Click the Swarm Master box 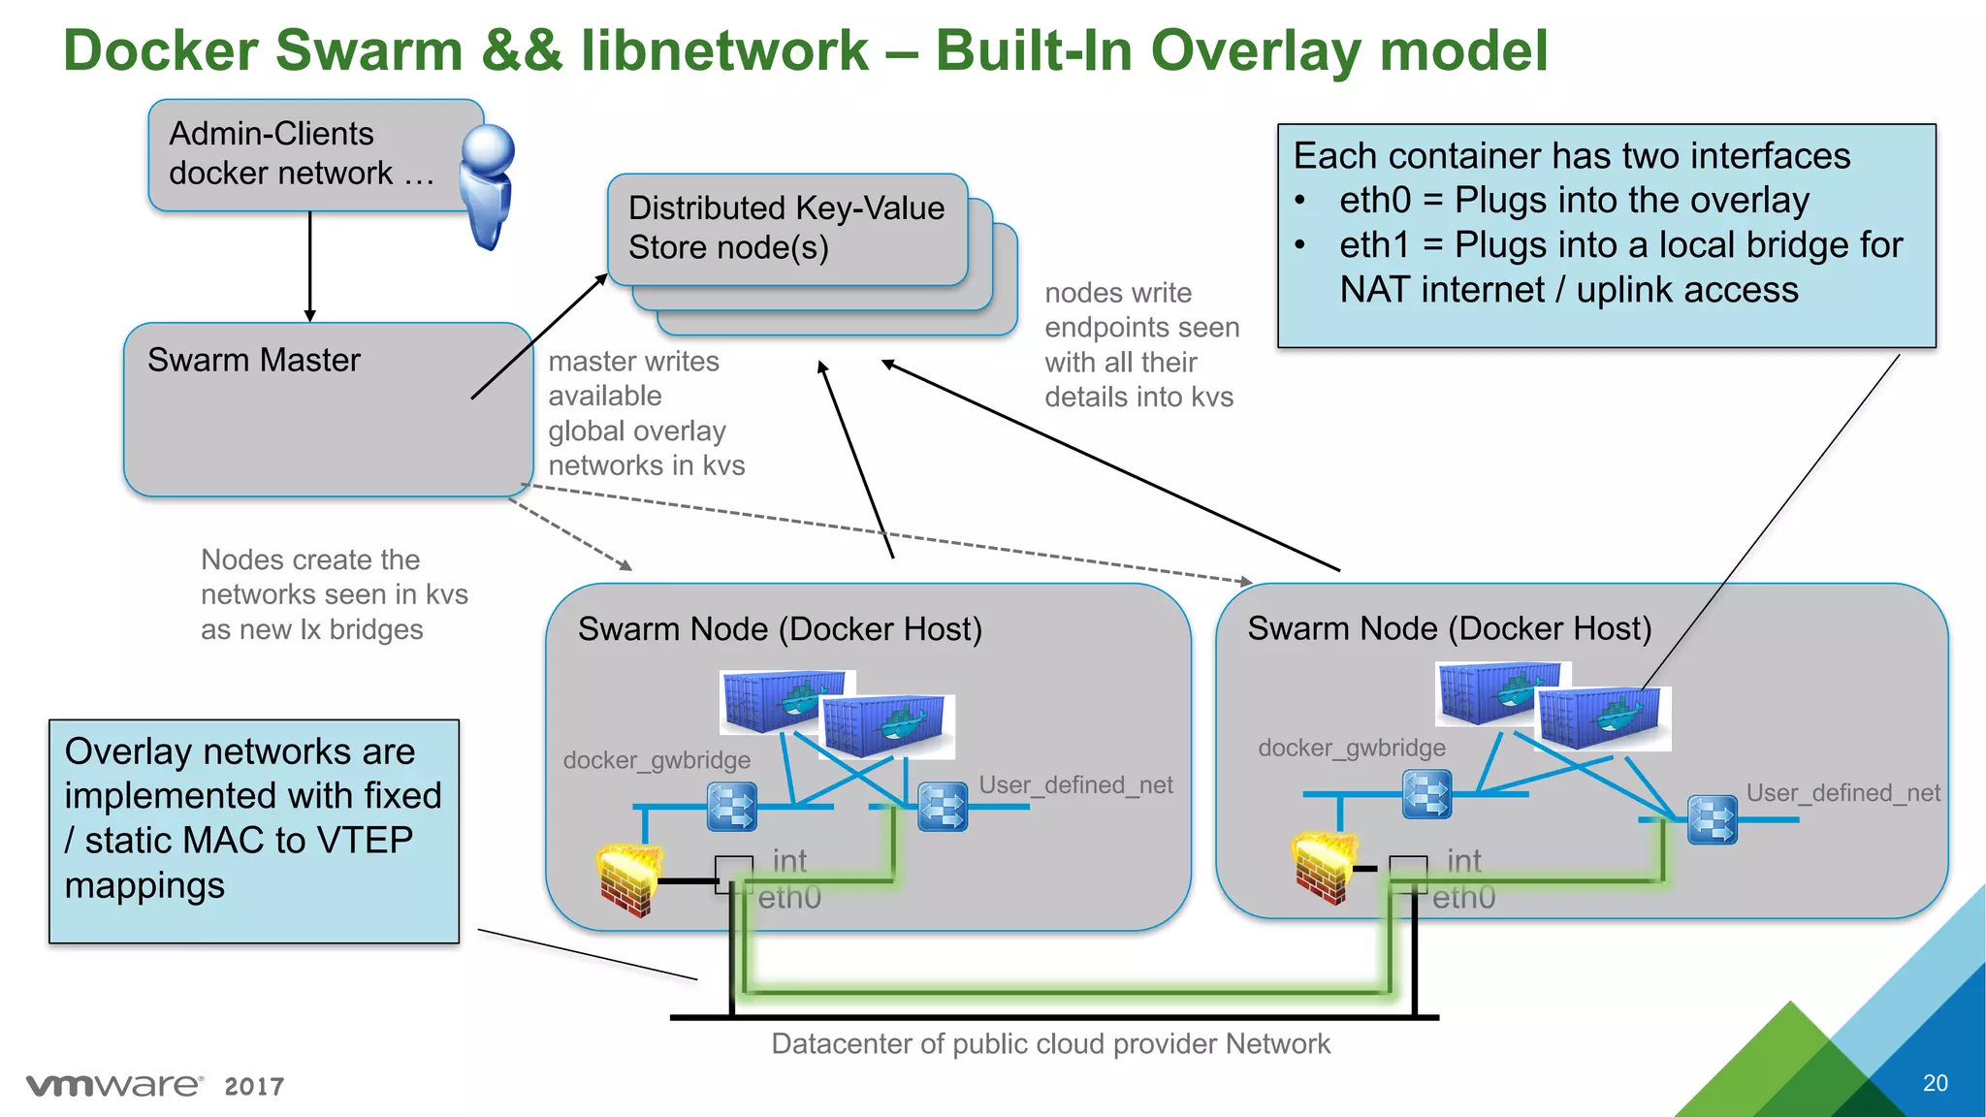coord(328,410)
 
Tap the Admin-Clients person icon coord(487,184)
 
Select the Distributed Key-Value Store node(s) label coord(786,228)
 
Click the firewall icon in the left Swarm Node coord(628,880)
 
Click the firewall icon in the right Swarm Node coord(1324,868)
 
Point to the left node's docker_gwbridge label coord(657,760)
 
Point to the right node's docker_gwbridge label coord(1351,748)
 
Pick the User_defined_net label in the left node coord(1075,784)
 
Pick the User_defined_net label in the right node coord(1842,793)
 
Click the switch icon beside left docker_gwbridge coord(732,806)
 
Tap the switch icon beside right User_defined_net coord(1713,819)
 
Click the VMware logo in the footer coord(114,1085)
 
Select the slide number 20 coord(1935,1083)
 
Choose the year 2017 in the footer coord(254,1086)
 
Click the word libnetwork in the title coord(724,50)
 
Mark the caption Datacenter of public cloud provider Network coord(1050,1044)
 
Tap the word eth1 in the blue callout coord(1374,245)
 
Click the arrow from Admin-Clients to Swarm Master coord(310,267)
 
